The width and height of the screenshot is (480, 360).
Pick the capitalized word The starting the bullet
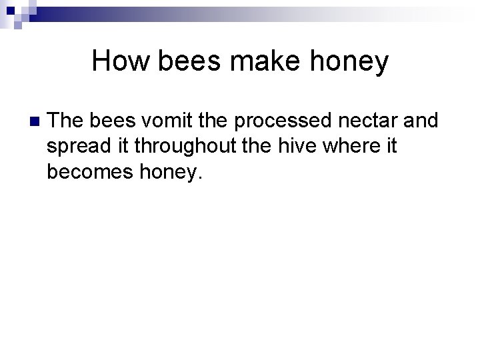pyautogui.click(x=66, y=121)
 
